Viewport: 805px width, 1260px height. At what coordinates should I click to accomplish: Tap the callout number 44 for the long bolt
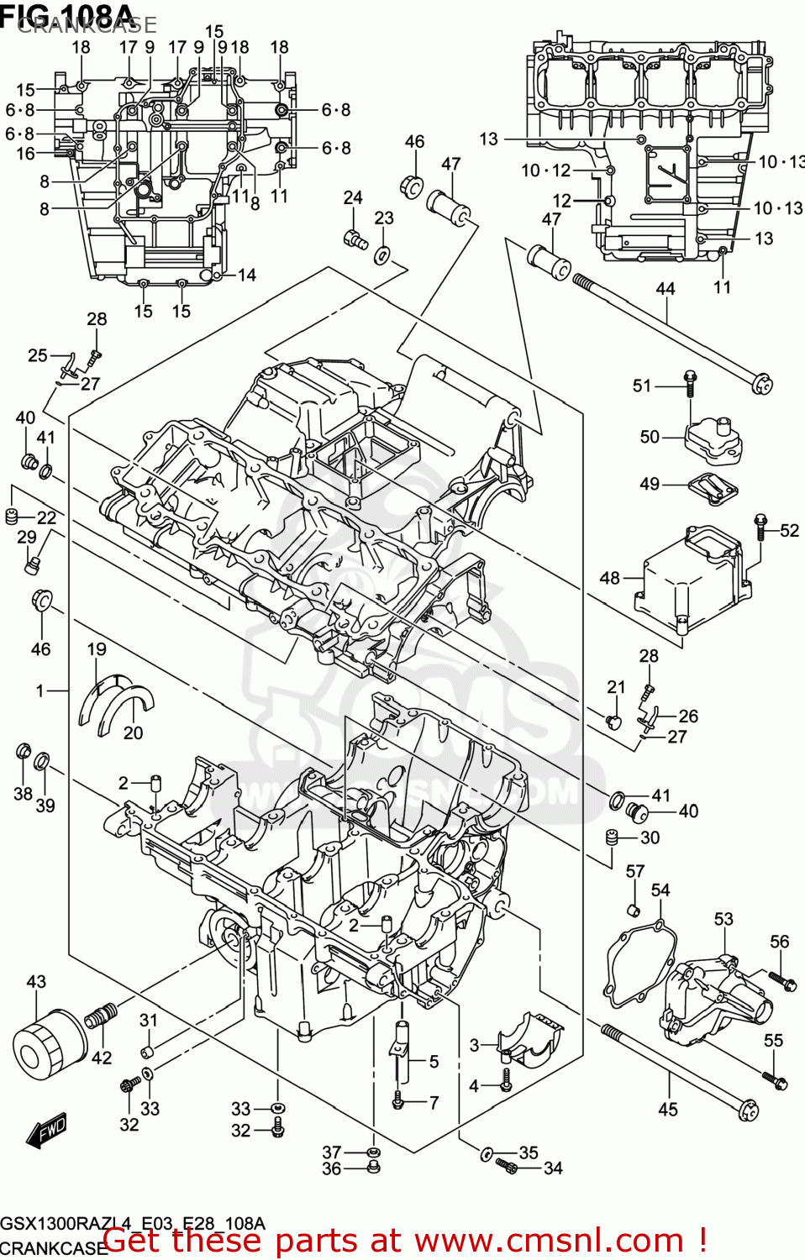click(665, 289)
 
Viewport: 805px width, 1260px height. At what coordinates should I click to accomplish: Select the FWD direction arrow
click(45, 1132)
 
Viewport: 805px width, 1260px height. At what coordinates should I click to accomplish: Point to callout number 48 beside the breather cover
click(609, 578)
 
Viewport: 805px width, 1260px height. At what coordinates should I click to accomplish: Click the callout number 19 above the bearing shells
click(97, 649)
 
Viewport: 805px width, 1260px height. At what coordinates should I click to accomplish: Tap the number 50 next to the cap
click(650, 437)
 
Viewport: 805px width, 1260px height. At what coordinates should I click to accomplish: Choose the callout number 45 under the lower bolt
click(667, 1110)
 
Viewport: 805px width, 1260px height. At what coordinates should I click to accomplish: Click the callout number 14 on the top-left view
click(246, 275)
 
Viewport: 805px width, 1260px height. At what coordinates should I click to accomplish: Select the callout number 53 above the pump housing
click(723, 919)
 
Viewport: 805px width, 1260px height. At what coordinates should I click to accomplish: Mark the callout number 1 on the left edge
click(39, 690)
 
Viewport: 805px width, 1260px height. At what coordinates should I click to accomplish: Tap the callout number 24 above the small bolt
click(353, 197)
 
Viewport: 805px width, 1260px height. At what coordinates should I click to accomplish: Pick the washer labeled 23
click(382, 255)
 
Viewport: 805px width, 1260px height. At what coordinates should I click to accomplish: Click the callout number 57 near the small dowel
click(635, 871)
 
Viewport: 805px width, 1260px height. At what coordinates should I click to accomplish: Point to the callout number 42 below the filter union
click(101, 1058)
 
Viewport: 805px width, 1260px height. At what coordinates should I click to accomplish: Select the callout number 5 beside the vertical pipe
click(434, 1062)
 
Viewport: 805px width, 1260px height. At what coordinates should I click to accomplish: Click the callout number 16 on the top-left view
click(26, 154)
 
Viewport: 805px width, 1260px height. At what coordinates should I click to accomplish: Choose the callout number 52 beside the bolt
click(789, 530)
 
